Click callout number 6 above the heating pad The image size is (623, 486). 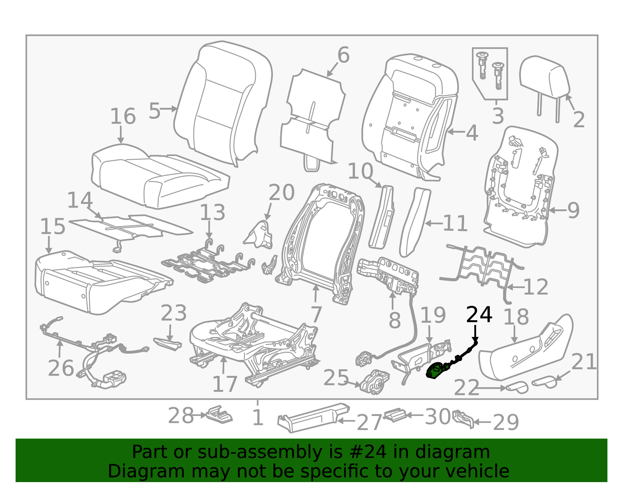pyautogui.click(x=343, y=55)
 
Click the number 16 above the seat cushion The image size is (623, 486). pyautogui.click(x=123, y=116)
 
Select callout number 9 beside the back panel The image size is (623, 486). pyautogui.click(x=573, y=211)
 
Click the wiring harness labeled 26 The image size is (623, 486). pyautogui.click(x=97, y=350)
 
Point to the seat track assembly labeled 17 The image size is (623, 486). pyautogui.click(x=253, y=342)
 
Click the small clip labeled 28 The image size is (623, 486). pyautogui.click(x=220, y=414)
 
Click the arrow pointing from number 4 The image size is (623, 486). pyautogui.click(x=456, y=132)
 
